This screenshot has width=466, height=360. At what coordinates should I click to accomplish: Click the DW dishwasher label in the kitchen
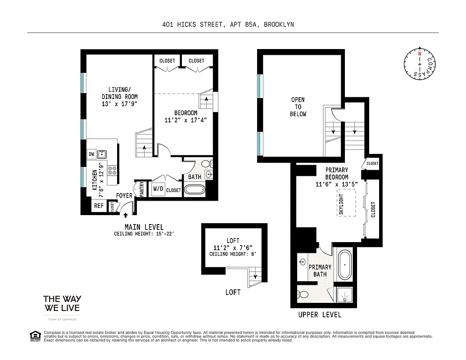pyautogui.click(x=91, y=154)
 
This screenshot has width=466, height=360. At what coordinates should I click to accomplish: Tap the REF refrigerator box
pyautogui.click(x=98, y=206)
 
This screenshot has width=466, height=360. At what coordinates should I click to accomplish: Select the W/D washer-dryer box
pyautogui.click(x=158, y=189)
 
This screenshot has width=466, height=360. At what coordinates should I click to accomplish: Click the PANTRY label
pyautogui.click(x=141, y=189)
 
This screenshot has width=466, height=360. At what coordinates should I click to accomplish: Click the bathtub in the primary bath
pyautogui.click(x=344, y=265)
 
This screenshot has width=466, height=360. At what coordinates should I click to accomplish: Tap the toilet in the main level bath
pyautogui.click(x=206, y=163)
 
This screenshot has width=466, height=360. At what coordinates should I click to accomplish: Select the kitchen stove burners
pyautogui.click(x=111, y=170)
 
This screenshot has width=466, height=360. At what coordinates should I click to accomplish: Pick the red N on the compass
pyautogui.click(x=420, y=54)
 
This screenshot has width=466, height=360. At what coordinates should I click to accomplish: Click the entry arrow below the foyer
pyautogui.click(x=125, y=216)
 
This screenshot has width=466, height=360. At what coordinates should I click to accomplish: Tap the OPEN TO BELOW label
pyautogui.click(x=298, y=107)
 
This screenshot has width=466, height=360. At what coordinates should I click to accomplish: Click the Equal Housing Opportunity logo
pyautogui.click(x=35, y=336)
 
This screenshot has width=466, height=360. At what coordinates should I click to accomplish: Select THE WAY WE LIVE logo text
pyautogui.click(x=62, y=303)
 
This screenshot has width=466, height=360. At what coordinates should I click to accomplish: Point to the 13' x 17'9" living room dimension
pyautogui.click(x=119, y=104)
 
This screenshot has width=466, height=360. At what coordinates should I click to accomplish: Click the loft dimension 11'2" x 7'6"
pyautogui.click(x=233, y=247)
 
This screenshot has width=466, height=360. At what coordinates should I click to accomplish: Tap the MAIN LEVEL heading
pyautogui.click(x=144, y=227)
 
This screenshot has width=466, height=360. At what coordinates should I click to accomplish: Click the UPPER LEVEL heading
pyautogui.click(x=319, y=315)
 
